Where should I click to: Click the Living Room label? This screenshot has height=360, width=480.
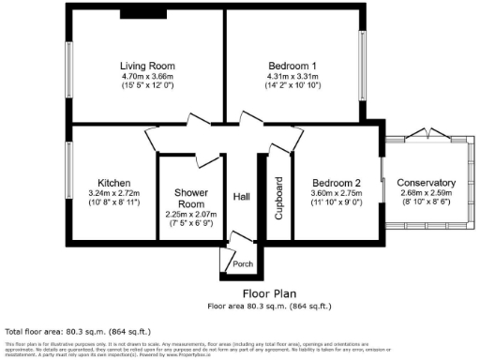(x=147, y=66)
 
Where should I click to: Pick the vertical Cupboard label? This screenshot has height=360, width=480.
(x=278, y=198)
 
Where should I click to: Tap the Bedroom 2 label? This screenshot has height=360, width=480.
(x=337, y=182)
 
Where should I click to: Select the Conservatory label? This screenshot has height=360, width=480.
(x=426, y=182)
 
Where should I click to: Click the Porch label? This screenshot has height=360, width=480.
(x=243, y=264)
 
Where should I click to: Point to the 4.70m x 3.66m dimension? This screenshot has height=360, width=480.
(x=147, y=76)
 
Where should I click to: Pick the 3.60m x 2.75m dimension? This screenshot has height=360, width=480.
(x=337, y=192)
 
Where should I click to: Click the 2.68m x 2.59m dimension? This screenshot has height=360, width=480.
(x=426, y=192)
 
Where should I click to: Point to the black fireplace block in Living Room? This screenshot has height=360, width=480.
(x=139, y=14)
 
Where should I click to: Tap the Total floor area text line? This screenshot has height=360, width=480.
(x=74, y=332)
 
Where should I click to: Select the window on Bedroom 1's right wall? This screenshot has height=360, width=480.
(x=366, y=66)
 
